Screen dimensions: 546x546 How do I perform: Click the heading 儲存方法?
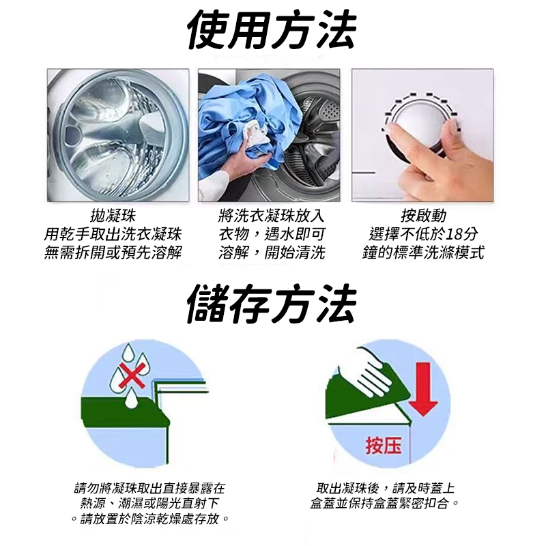click(x=272, y=304)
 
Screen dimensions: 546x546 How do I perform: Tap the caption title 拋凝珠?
click(x=113, y=216)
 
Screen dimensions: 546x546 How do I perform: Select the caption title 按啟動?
click(x=423, y=216)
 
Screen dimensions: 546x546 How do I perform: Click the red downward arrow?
click(x=423, y=389)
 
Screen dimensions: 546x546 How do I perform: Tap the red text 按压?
click(x=384, y=446)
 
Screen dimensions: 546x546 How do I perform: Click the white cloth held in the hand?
click(x=257, y=134)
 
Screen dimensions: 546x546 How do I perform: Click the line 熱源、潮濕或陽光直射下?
click(x=149, y=503)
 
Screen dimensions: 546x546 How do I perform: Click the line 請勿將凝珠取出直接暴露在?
click(x=149, y=488)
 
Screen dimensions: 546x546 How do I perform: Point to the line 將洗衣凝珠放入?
click(x=272, y=216)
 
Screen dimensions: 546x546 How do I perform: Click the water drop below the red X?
click(x=130, y=399)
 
